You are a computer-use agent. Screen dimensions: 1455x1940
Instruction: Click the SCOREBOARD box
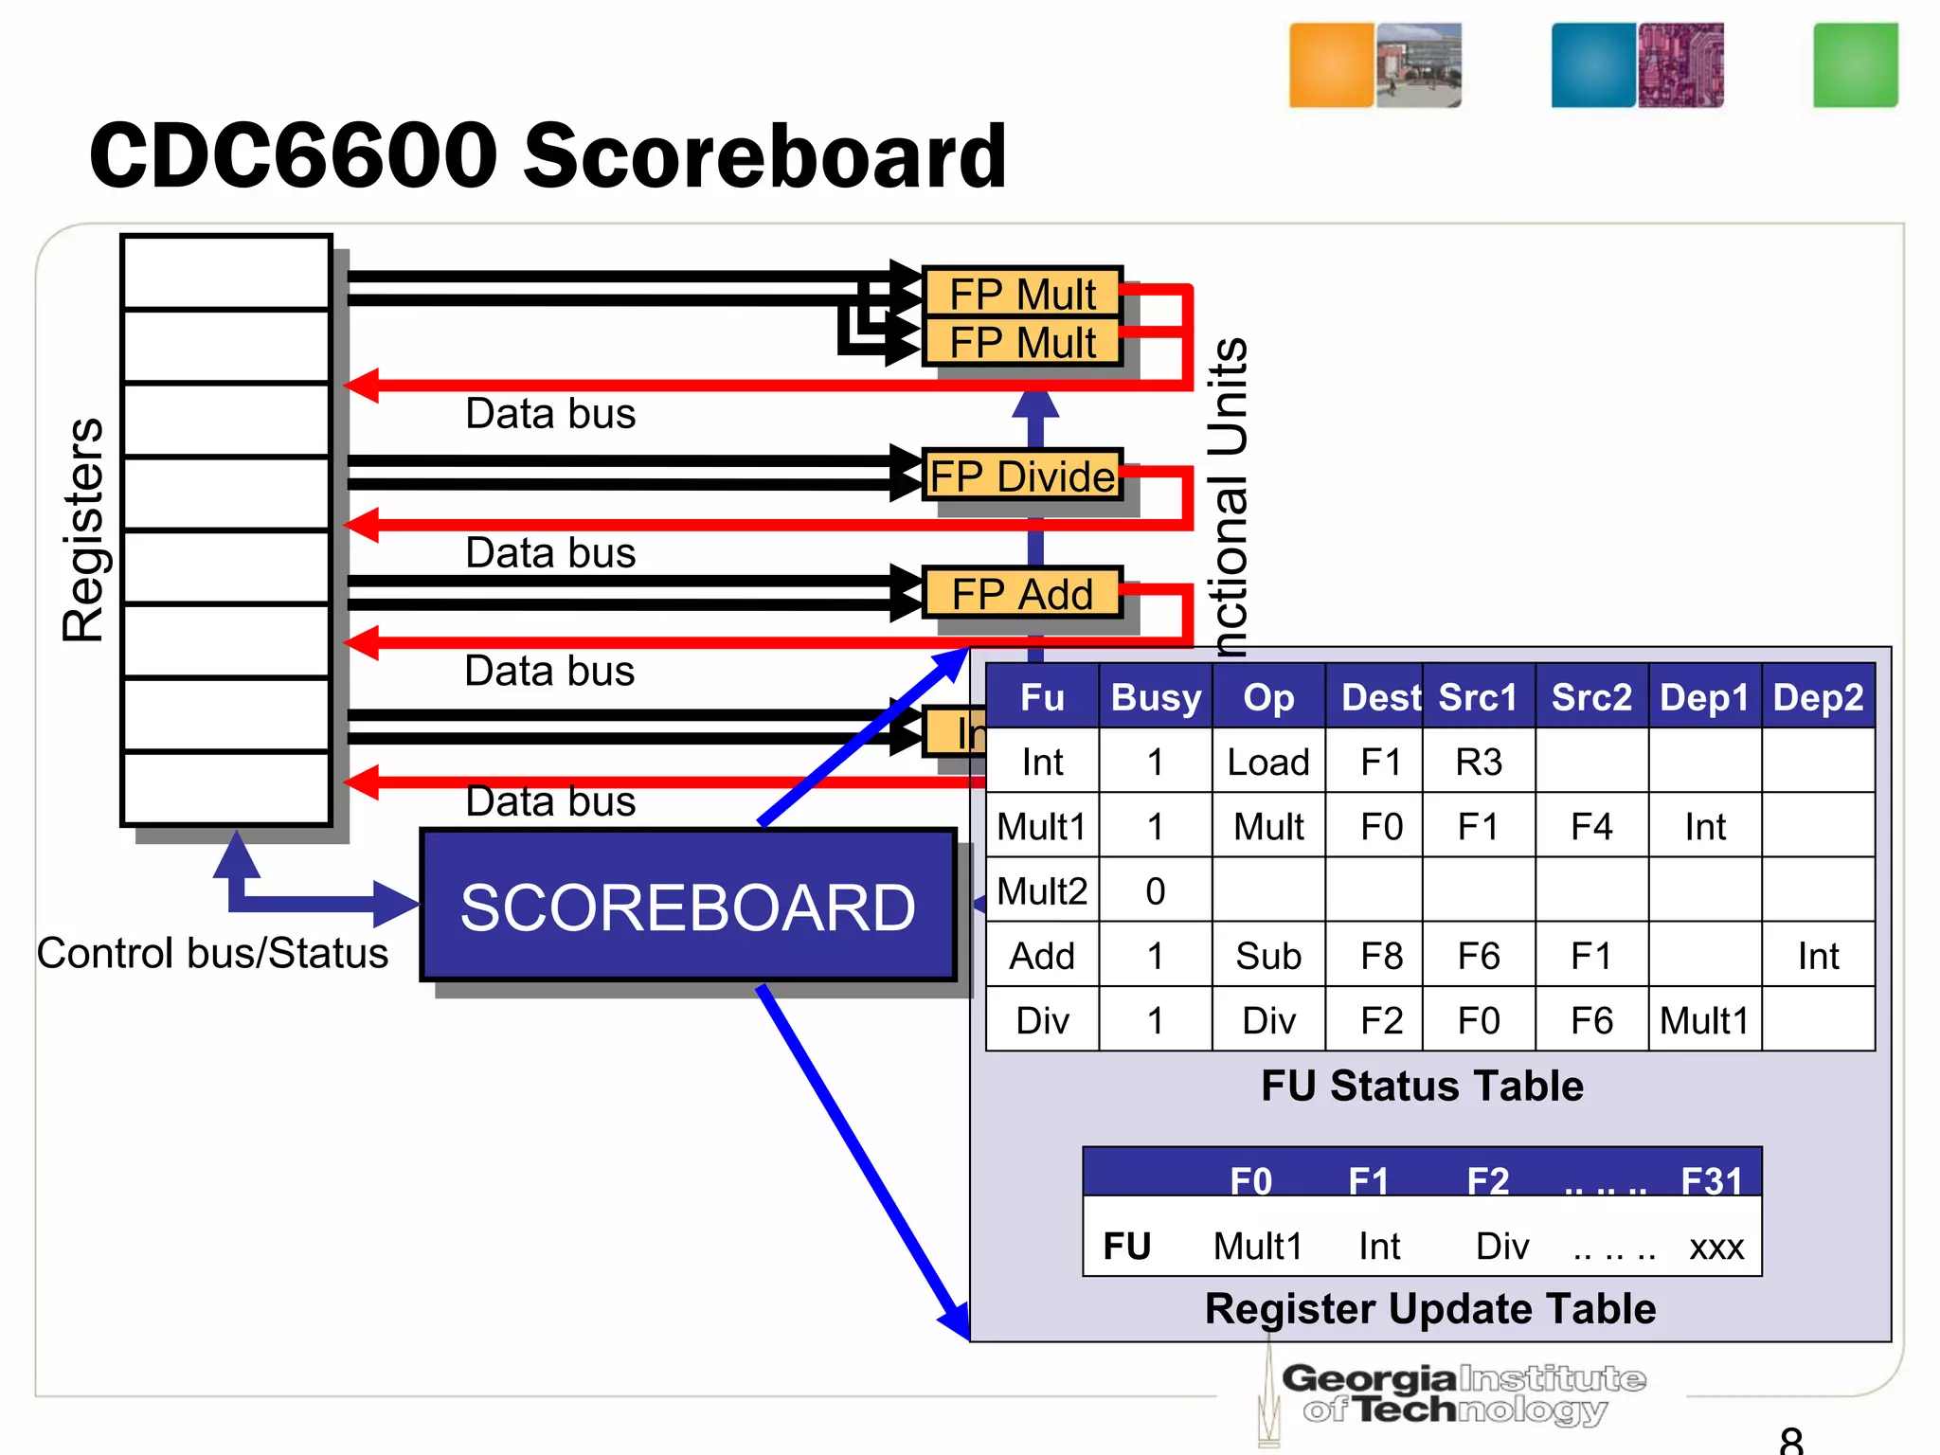point(688,906)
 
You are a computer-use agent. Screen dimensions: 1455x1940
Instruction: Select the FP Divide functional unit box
point(1022,476)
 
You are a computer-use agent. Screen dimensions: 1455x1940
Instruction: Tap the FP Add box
point(1022,594)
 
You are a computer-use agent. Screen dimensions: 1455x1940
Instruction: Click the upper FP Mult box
point(1022,293)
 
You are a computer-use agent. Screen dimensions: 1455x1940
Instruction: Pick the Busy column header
point(1156,697)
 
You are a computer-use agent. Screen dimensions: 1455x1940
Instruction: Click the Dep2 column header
point(1818,697)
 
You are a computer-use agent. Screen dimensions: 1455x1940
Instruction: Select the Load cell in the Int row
point(1268,762)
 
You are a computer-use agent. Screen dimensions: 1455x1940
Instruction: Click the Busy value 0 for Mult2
point(1155,891)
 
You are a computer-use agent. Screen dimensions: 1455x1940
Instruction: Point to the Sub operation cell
point(1268,956)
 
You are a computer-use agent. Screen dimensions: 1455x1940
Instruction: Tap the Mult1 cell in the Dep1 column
point(1704,1020)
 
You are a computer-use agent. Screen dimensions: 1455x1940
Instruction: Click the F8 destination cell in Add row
point(1381,956)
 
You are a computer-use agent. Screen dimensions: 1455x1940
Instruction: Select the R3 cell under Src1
point(1478,762)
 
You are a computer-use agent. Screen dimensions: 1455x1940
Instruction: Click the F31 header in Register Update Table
point(1712,1180)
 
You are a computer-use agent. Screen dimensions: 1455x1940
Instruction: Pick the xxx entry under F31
point(1715,1247)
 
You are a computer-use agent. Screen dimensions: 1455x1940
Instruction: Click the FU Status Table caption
point(1422,1086)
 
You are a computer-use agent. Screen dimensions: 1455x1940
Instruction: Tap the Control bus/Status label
point(212,953)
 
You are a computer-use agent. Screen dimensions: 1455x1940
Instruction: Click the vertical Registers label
point(83,530)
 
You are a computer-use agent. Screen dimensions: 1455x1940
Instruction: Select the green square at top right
point(1855,65)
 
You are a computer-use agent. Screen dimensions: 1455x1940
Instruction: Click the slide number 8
point(1790,1440)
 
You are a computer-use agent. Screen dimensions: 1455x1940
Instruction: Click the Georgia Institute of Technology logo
point(1459,1392)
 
